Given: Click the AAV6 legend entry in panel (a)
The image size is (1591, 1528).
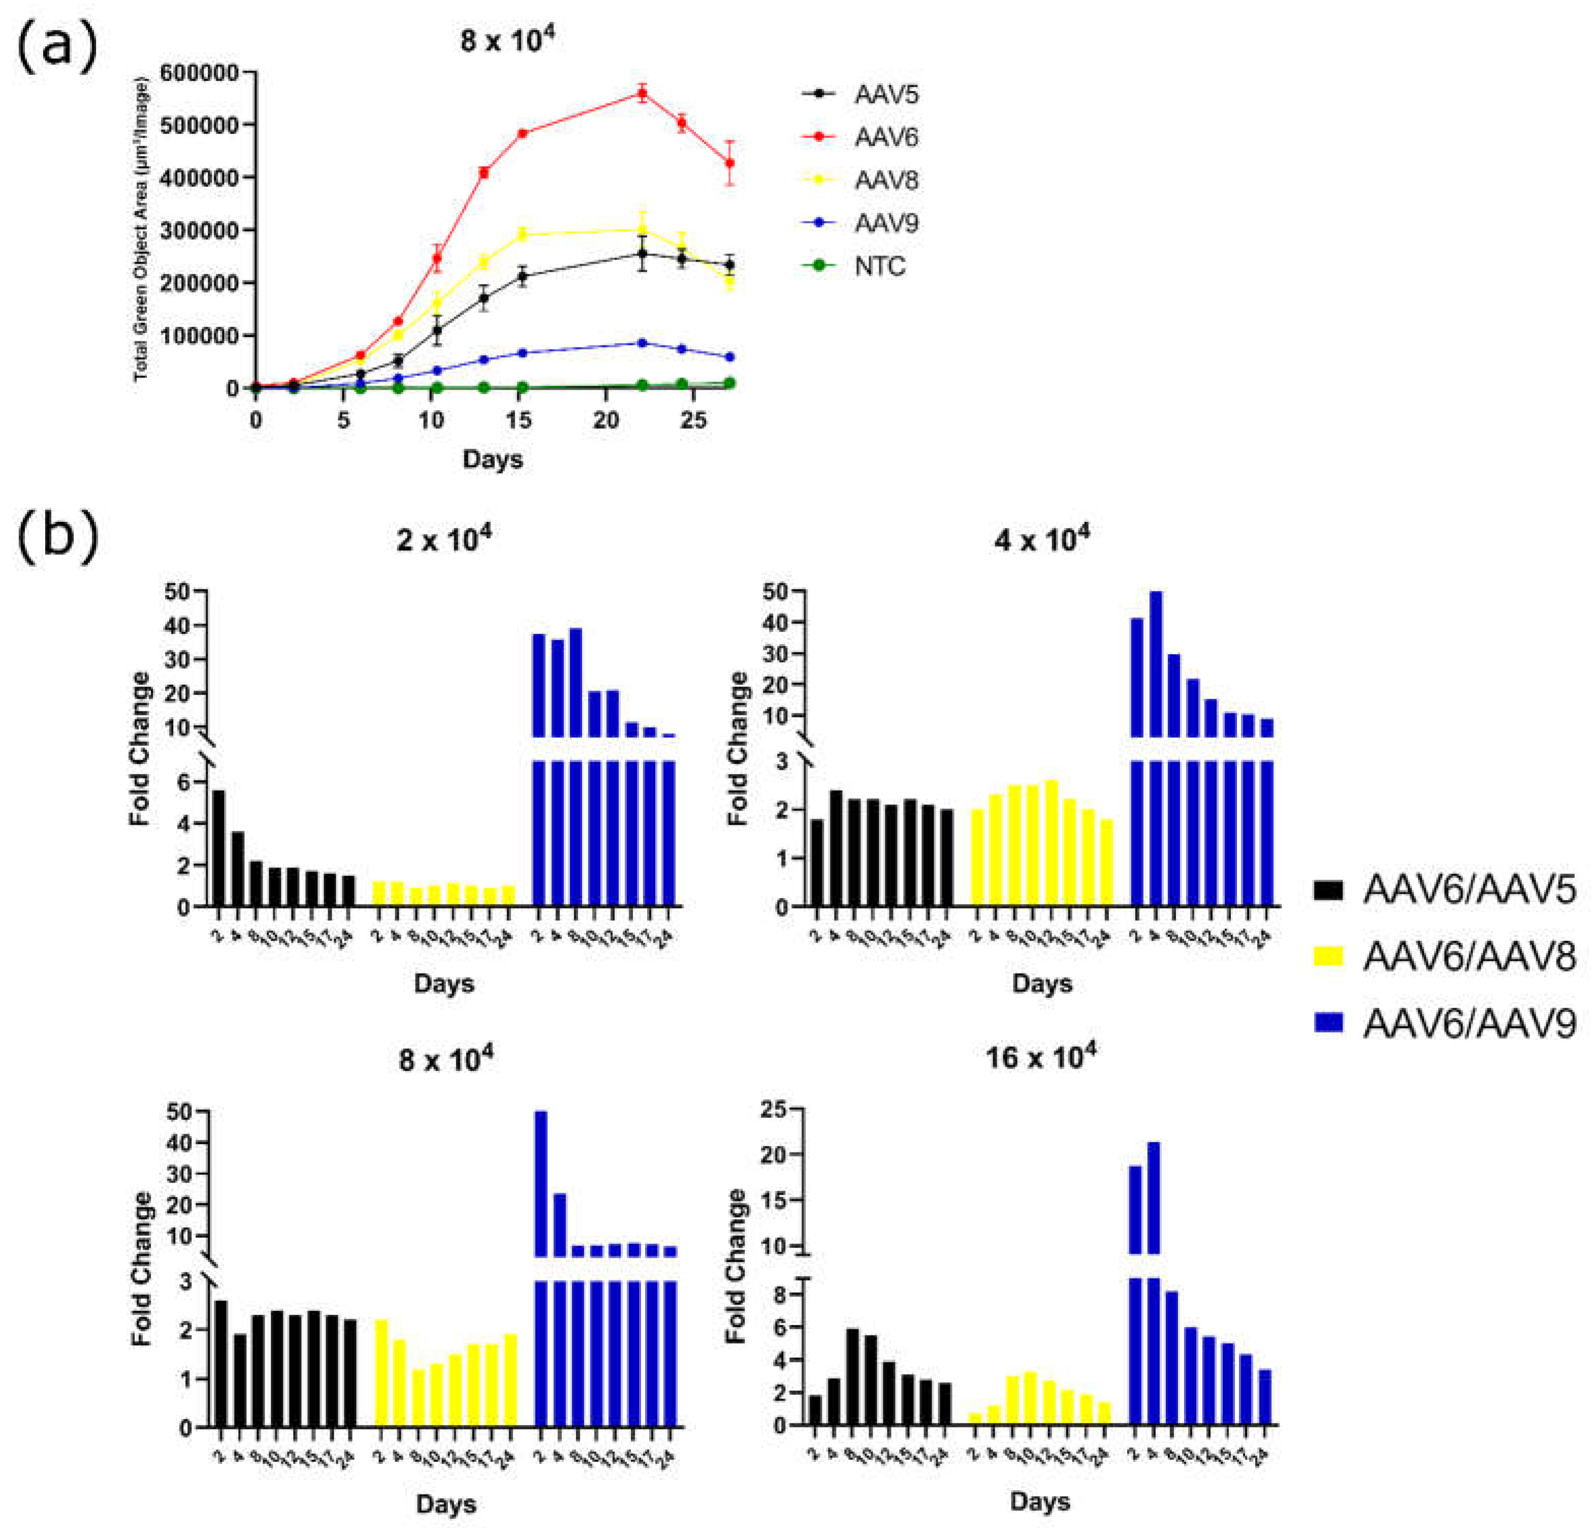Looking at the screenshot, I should pos(885,137).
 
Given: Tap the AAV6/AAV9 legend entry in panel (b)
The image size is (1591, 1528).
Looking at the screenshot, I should pos(1469,1022).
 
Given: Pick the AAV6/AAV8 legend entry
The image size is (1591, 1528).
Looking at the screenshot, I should pos(1469,956).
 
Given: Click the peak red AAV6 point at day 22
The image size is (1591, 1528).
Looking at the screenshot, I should pos(642,93).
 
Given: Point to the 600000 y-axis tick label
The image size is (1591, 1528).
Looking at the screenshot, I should pos(199,73).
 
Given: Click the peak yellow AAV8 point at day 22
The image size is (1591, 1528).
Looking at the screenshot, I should pos(642,229).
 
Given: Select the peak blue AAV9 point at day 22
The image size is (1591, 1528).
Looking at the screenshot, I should pos(642,342).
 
